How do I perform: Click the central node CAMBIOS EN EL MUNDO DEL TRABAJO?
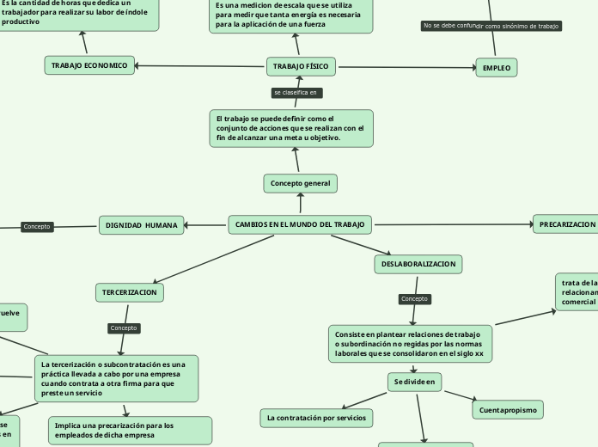tap(300, 225)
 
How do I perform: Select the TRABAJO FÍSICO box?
tap(300, 66)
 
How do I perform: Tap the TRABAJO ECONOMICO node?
tap(89, 65)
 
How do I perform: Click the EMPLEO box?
tap(497, 67)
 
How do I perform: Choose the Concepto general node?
tap(300, 183)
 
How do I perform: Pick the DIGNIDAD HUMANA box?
tap(142, 225)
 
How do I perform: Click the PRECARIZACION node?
tap(566, 224)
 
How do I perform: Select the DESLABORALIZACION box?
tap(419, 264)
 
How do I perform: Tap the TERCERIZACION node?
tap(130, 293)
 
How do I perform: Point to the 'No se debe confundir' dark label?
tap(449, 26)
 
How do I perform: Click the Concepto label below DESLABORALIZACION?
tap(414, 299)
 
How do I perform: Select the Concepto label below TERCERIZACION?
tap(124, 328)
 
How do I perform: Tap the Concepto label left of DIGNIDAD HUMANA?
tap(37, 227)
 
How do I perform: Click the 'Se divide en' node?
tap(413, 381)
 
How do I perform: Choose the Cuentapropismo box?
tap(508, 410)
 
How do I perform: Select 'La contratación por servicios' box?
tap(316, 418)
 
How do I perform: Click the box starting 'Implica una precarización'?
tap(129, 430)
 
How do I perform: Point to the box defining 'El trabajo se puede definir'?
tap(291, 128)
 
